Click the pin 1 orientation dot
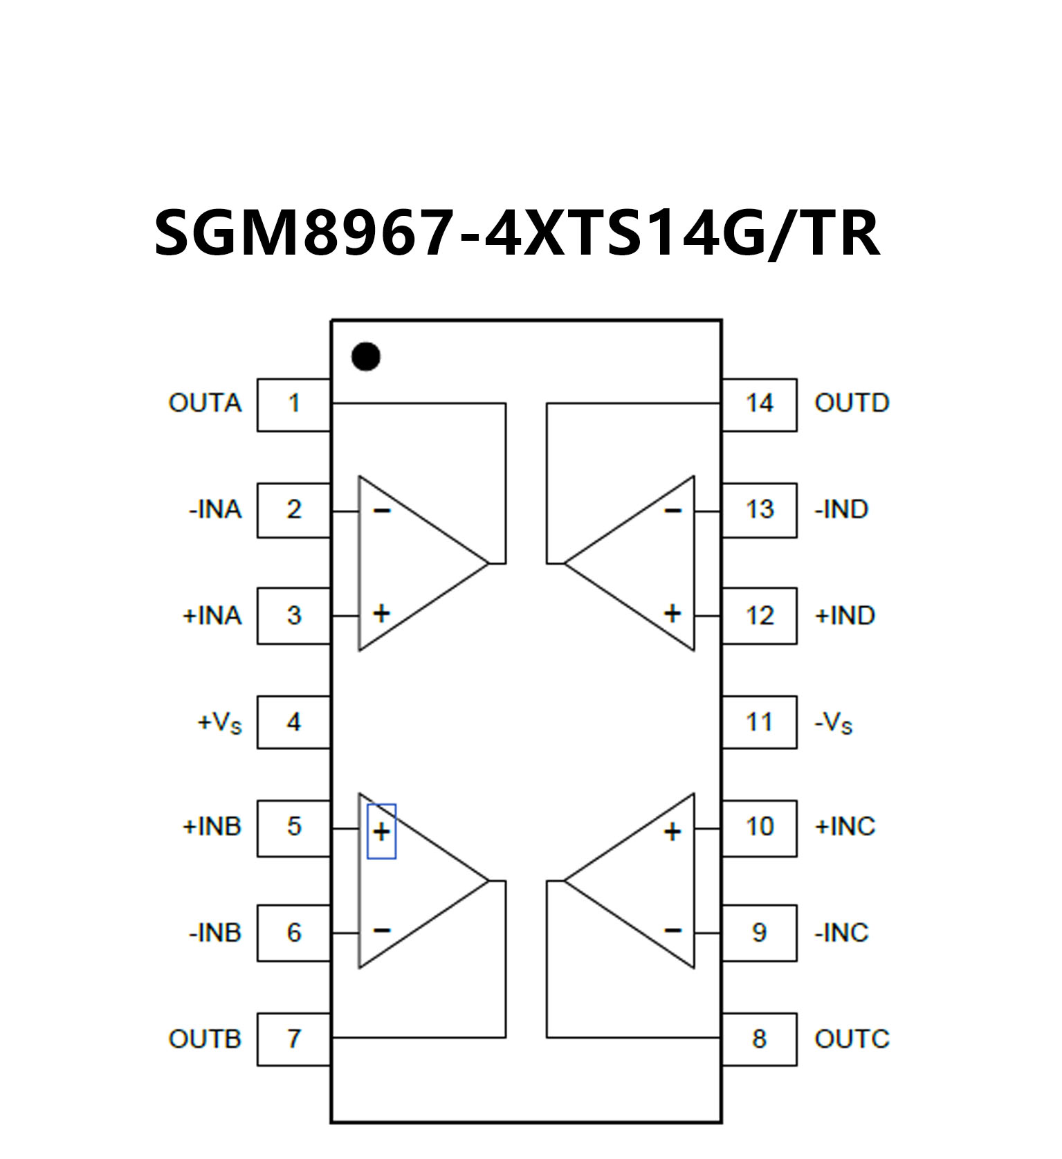(x=365, y=356)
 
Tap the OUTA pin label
(x=205, y=403)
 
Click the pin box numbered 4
(x=294, y=722)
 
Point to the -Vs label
(x=833, y=723)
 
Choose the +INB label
(x=212, y=826)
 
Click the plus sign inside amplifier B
(x=381, y=831)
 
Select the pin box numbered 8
(x=759, y=1039)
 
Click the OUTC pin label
(x=852, y=1039)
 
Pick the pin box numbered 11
(x=759, y=722)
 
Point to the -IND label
(x=841, y=510)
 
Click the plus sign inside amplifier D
(x=672, y=613)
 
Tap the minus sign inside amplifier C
(x=672, y=931)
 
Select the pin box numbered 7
(x=294, y=1039)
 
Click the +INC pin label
(x=845, y=826)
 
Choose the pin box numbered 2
(x=294, y=510)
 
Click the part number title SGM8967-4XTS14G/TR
(x=517, y=234)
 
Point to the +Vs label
(x=220, y=723)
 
